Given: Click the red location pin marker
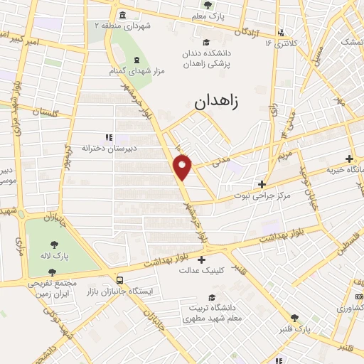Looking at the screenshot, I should [x=183, y=167].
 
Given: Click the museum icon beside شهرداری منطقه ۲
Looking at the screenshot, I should [x=123, y=16].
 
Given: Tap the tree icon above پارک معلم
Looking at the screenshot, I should [x=217, y=4].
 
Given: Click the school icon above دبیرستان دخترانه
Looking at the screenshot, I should [x=108, y=137].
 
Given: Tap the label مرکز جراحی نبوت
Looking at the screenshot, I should [x=264, y=194].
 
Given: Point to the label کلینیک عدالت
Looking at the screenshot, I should [x=203, y=269].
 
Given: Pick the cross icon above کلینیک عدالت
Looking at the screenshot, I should [x=202, y=259].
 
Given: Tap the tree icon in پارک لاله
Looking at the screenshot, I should [x=59, y=241].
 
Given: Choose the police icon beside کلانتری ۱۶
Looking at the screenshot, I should [x=282, y=33].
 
